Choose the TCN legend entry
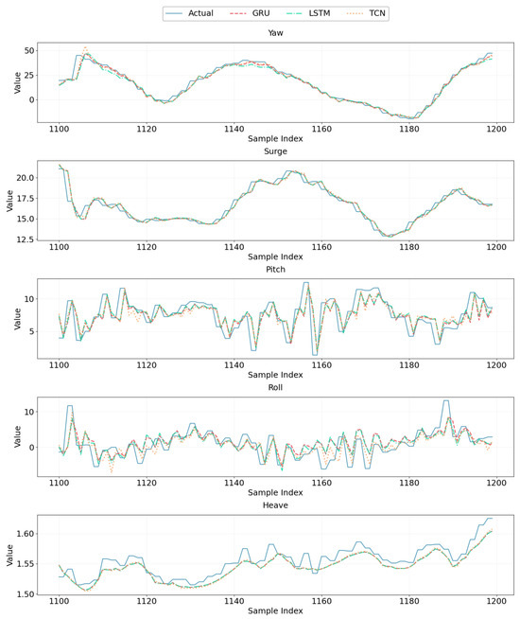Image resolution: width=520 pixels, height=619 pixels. (x=366, y=13)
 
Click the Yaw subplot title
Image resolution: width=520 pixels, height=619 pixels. (x=275, y=33)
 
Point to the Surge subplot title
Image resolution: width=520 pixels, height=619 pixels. (x=275, y=151)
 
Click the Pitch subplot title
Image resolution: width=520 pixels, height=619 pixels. (x=275, y=269)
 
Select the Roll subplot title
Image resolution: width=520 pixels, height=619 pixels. (x=275, y=387)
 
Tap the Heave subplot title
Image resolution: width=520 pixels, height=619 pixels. (x=275, y=505)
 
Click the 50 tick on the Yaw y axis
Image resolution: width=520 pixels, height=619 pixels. (x=29, y=50)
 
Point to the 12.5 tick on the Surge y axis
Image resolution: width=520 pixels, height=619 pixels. (x=26, y=239)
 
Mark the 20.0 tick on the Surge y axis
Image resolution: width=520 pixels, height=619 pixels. (x=26, y=178)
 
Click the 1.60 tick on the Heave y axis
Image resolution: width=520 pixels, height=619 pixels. (x=26, y=533)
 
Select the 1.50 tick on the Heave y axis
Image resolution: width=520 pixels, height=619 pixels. (x=26, y=593)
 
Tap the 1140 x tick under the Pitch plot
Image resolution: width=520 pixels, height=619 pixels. (x=234, y=365)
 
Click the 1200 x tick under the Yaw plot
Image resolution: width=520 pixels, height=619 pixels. (x=496, y=129)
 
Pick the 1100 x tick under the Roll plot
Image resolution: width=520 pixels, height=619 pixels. (x=60, y=483)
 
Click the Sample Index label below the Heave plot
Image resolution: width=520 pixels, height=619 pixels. (x=275, y=610)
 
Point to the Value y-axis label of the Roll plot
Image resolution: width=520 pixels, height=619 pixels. (x=17, y=436)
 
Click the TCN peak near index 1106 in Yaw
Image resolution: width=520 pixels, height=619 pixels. (x=85, y=47)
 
